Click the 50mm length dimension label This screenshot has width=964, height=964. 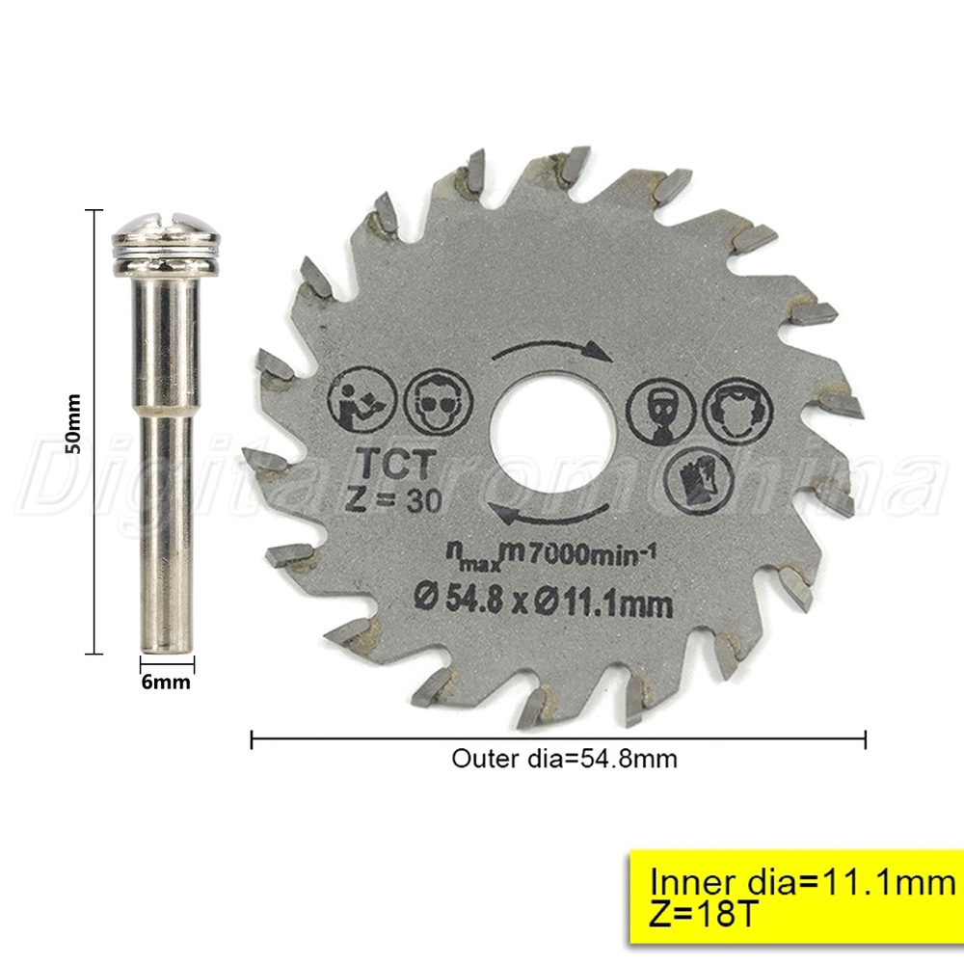[73, 423]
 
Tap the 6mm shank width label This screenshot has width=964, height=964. [166, 683]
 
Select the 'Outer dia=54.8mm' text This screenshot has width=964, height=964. [564, 759]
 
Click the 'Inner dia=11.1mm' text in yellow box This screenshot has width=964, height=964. [803, 883]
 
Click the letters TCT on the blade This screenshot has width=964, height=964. [398, 464]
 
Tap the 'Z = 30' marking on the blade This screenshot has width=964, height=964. [393, 499]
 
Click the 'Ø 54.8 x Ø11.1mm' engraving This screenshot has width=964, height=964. [543, 601]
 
